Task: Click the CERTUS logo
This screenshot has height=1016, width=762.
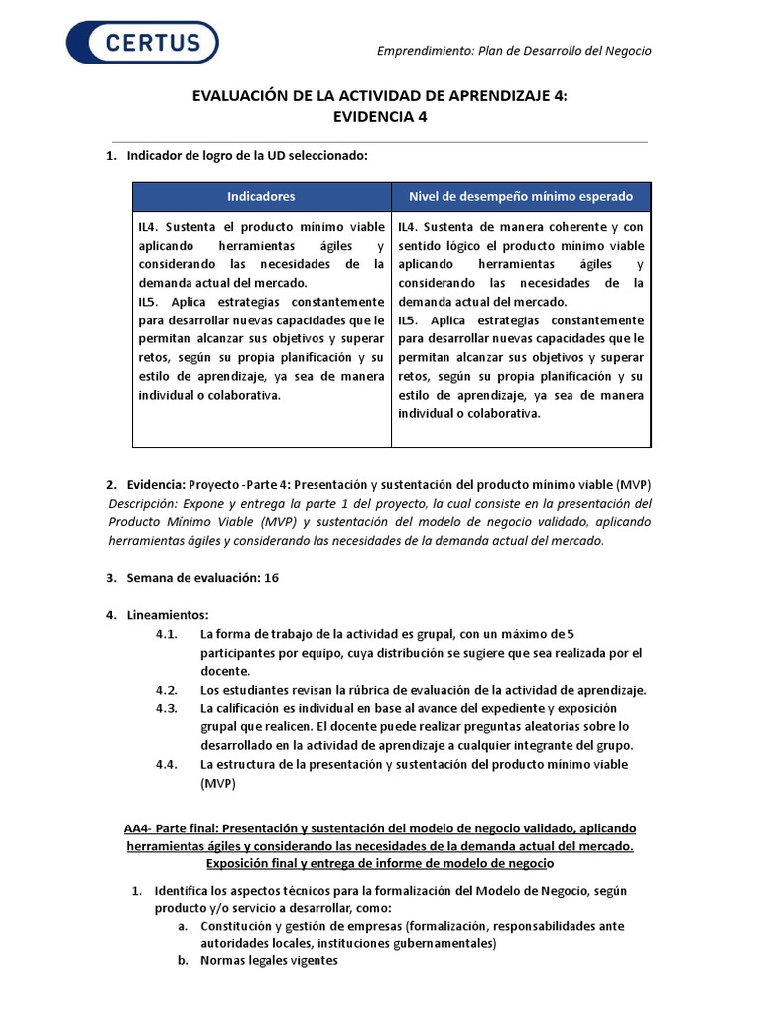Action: [x=143, y=43]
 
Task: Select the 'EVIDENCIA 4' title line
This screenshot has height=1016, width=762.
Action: [x=380, y=116]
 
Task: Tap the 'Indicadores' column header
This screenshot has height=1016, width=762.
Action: [x=261, y=196]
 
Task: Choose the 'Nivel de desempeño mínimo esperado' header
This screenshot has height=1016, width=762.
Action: [x=521, y=196]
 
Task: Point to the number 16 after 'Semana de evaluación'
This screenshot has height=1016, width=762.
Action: [x=271, y=577]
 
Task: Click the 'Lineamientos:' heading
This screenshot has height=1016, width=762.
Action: [x=168, y=615]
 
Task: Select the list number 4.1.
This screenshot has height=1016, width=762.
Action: [x=166, y=634]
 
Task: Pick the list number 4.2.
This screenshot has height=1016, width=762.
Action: [x=166, y=690]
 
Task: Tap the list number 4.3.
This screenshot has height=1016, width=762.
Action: [x=166, y=708]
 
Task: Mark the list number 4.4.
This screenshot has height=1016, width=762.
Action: [x=166, y=764]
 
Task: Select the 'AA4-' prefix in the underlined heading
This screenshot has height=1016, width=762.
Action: [x=139, y=827]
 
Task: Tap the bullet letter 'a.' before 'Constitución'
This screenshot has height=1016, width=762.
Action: [x=183, y=926]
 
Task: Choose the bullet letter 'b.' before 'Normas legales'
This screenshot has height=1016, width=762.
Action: [x=183, y=960]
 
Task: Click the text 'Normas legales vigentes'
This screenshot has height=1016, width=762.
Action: [x=269, y=960]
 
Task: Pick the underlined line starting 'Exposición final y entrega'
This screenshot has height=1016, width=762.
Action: [x=380, y=864]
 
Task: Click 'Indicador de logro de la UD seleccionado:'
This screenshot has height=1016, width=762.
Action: [x=247, y=156]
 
